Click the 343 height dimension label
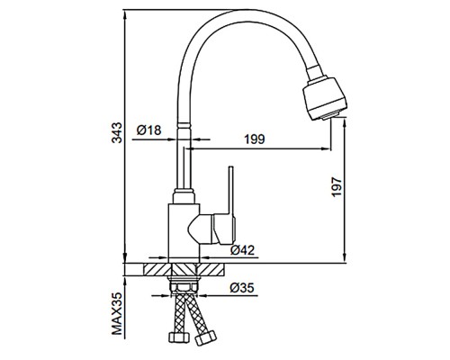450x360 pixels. [x=117, y=132]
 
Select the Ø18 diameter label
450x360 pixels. [x=148, y=130]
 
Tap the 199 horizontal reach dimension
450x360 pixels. [x=255, y=139]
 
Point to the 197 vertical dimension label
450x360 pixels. [x=337, y=187]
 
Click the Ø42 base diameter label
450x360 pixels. [x=242, y=250]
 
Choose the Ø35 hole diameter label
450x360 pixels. [x=242, y=288]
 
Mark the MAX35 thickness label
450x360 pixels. [x=117, y=314]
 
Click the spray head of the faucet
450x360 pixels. [x=325, y=98]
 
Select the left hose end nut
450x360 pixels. [x=179, y=337]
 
